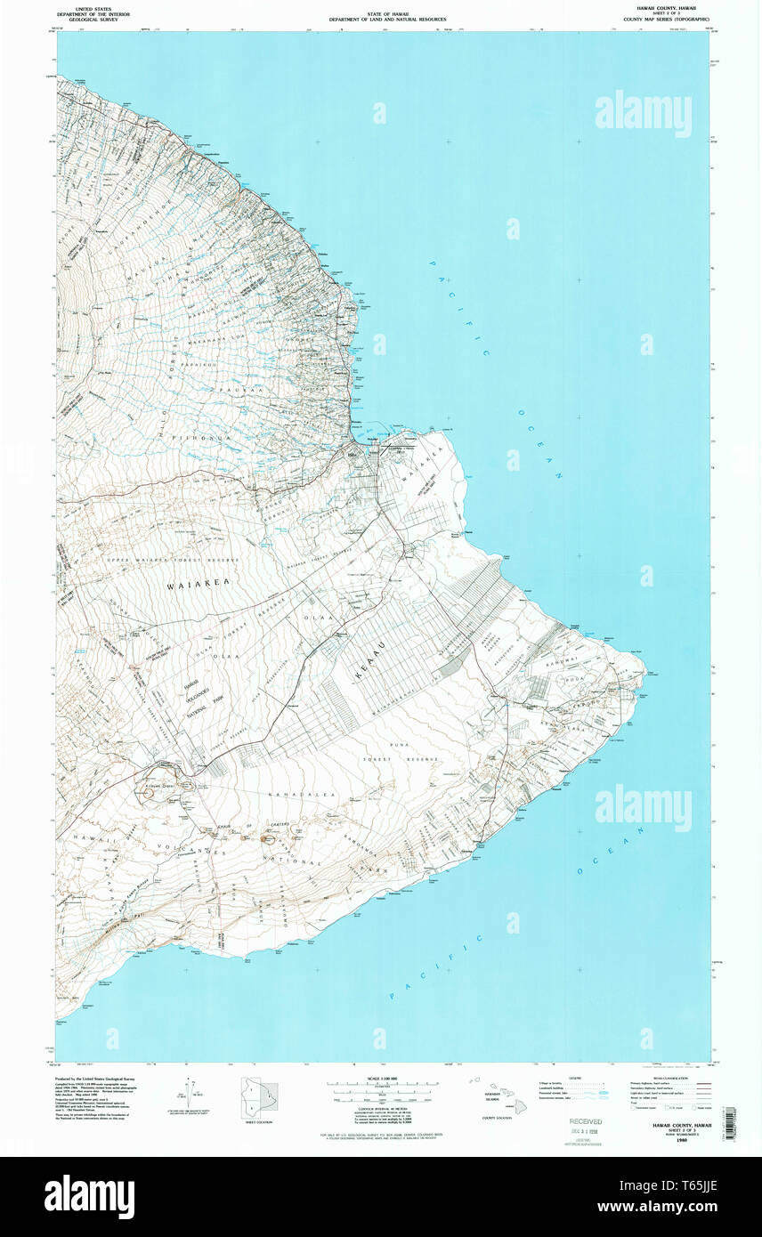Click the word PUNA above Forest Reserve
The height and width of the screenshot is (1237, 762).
point(393,744)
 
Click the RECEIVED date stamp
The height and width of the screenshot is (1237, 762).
point(586,1122)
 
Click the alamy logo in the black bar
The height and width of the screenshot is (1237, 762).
point(89,1197)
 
